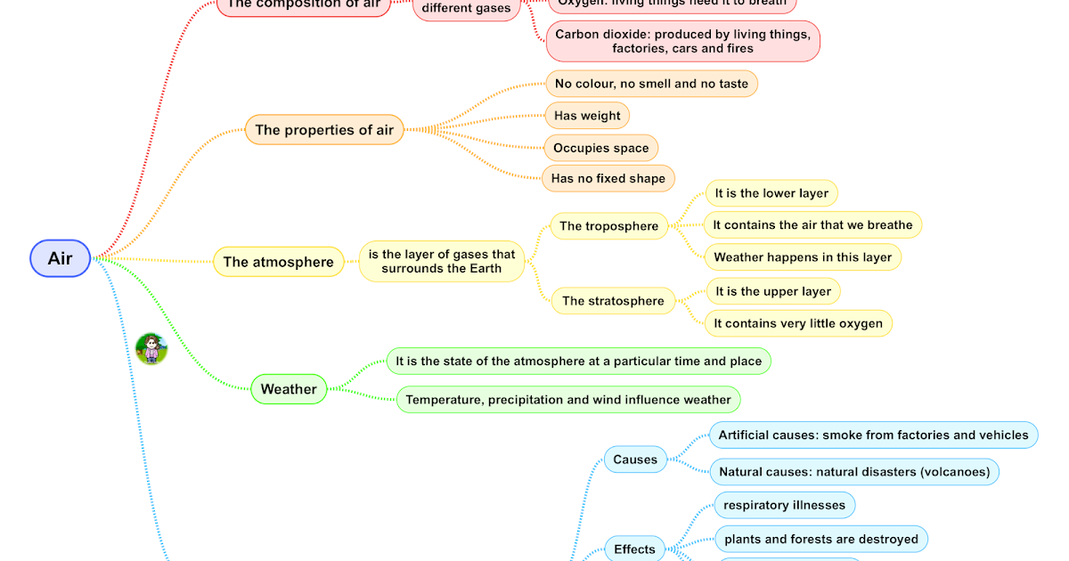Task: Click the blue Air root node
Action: coord(60,258)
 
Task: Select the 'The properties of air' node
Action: coord(324,130)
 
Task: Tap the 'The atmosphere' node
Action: coord(278,262)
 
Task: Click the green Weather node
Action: coord(289,389)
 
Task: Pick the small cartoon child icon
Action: coord(151,348)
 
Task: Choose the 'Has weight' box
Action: coord(587,116)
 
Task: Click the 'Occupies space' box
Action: coord(600,148)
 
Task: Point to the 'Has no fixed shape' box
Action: coord(608,178)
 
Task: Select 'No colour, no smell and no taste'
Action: coord(651,84)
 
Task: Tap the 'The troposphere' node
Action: coord(608,226)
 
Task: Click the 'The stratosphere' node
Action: coord(613,301)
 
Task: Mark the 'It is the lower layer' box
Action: coord(771,193)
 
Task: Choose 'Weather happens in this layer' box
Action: coord(802,257)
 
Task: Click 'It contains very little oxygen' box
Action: coord(798,323)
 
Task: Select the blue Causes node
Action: coord(635,459)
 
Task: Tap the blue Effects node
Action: coord(634,549)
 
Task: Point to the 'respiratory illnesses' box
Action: coord(784,505)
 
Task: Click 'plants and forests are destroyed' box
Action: coord(820,539)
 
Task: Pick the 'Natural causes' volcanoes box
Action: coord(854,472)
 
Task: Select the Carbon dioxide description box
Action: coord(682,41)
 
